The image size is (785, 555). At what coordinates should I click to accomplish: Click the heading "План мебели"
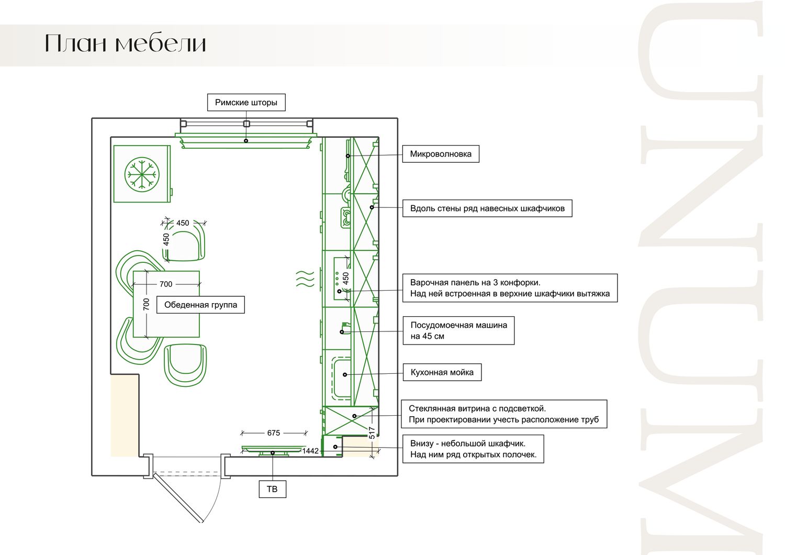coord(126,43)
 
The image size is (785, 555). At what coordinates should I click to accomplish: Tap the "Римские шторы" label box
coord(246,103)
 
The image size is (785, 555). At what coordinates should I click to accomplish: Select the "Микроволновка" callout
coord(441,154)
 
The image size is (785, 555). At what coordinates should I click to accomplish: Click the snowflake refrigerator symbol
coord(142,174)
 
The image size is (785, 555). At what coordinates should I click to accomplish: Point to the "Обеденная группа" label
coord(200,305)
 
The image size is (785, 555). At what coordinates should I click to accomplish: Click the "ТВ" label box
coord(272,489)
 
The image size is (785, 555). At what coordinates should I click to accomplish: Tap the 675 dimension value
coord(273,433)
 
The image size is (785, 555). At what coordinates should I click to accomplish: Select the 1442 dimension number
coord(310,451)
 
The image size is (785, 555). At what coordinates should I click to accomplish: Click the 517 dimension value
coord(372,432)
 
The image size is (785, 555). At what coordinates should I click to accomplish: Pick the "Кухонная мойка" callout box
coord(442,372)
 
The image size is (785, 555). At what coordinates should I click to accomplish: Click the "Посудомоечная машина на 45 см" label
coord(458,330)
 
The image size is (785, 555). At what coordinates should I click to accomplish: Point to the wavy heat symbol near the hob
coord(305,279)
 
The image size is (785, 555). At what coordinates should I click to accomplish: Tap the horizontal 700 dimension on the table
coord(166,284)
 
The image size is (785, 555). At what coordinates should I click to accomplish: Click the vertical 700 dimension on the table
coord(147,304)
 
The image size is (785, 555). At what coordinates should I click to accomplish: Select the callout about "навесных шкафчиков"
coord(487,208)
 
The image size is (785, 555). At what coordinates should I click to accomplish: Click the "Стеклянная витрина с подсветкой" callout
coord(504,414)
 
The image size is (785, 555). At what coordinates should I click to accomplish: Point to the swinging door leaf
coord(178,497)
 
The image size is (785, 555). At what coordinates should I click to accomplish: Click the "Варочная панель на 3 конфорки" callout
coord(510,288)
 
